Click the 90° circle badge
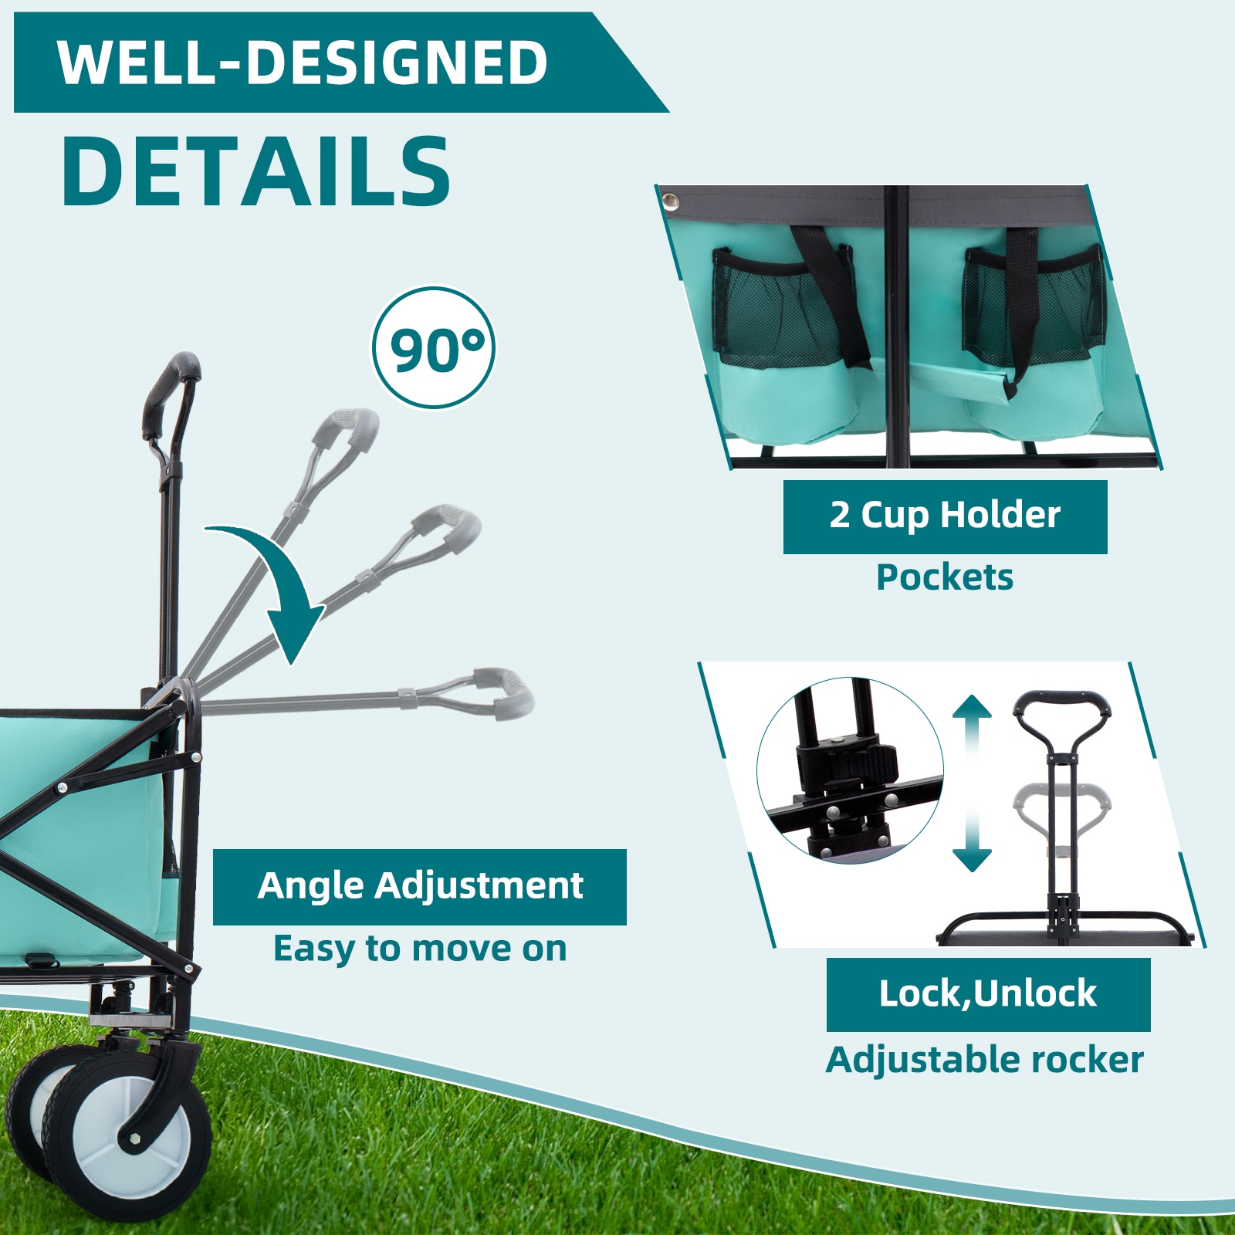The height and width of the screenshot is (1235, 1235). click(434, 348)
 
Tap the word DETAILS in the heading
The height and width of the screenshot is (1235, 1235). click(255, 171)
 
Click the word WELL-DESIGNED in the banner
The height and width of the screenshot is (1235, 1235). click(303, 63)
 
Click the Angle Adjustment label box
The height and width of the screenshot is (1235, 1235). click(419, 886)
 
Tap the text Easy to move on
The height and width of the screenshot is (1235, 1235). click(420, 949)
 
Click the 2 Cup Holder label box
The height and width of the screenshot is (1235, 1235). click(945, 516)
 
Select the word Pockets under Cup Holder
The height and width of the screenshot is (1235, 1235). click(944, 577)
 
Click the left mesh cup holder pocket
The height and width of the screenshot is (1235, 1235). click(780, 309)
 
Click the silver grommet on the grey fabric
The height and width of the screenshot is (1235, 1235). click(671, 202)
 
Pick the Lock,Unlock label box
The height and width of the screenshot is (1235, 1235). click(988, 994)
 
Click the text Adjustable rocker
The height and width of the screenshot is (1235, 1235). click(985, 1060)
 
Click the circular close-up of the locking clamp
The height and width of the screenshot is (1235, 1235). click(850, 770)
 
